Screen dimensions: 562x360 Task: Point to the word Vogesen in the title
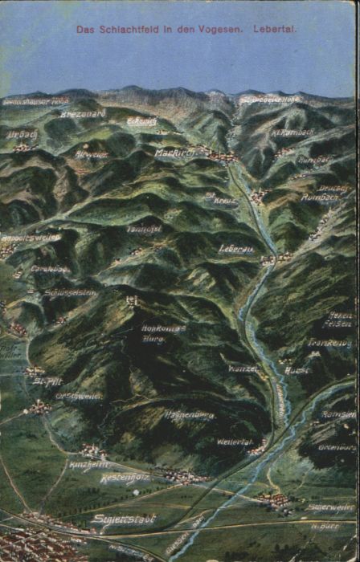tap(219, 29)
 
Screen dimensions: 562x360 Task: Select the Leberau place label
tap(236, 249)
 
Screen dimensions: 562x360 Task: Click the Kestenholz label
tap(125, 478)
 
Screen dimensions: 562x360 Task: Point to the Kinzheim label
tap(88, 465)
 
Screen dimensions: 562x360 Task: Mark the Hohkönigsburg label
tap(164, 333)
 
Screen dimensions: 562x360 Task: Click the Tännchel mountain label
tap(144, 229)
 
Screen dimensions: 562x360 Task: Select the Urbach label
tap(22, 135)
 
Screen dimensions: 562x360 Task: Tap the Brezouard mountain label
tap(82, 114)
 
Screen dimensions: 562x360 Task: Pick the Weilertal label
tap(235, 442)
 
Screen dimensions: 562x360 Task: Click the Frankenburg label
tap(329, 343)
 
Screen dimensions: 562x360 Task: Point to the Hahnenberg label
tap(189, 415)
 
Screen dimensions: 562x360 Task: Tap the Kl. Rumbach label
tap(293, 132)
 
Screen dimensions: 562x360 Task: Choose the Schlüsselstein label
tap(71, 293)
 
